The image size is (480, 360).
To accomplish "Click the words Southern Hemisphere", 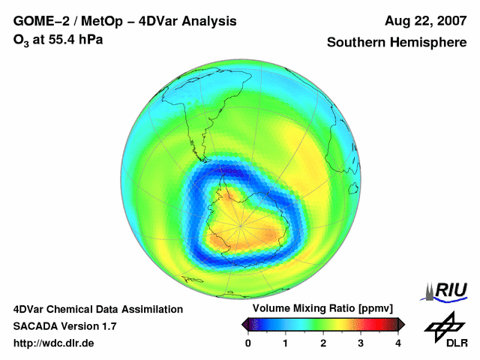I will click(397, 43).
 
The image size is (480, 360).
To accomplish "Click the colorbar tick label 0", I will click(248, 343).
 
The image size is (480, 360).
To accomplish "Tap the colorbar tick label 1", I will click(286, 343).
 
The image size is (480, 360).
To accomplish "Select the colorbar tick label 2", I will click(323, 343).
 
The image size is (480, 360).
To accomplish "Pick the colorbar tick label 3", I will click(361, 343).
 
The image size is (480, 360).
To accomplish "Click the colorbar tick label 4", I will click(398, 343).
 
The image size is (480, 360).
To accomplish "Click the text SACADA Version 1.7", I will click(64, 326).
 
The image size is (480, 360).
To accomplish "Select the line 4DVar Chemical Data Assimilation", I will click(97, 309).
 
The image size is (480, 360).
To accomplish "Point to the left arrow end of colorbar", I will click(245, 324).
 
